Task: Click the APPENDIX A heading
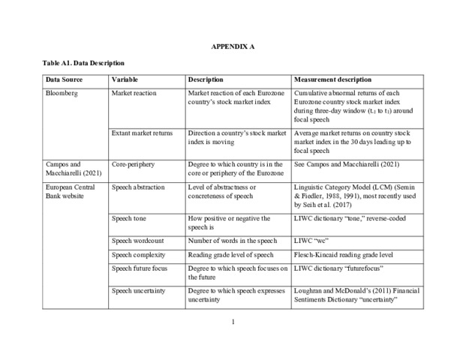[233, 46]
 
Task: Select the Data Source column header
[64, 79]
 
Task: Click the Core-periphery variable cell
[134, 163]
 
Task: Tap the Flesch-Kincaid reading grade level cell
[344, 256]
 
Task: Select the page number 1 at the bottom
[233, 322]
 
